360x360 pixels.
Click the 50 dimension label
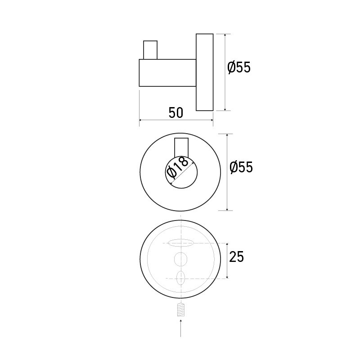click(176, 112)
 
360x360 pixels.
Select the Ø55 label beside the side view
click(238, 68)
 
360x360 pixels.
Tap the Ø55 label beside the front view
click(241, 167)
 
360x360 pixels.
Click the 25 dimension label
click(236, 257)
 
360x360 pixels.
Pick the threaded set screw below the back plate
click(180, 310)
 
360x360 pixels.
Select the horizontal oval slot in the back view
click(180, 243)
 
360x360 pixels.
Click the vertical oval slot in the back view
click(180, 278)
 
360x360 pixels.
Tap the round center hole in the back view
click(180, 259)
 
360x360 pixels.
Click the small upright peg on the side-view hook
click(150, 50)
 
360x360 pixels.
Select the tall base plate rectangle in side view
click(204, 72)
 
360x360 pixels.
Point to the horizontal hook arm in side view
click(167, 72)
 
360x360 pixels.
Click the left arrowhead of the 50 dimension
click(141, 120)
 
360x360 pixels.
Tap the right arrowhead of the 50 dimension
click(211, 120)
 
